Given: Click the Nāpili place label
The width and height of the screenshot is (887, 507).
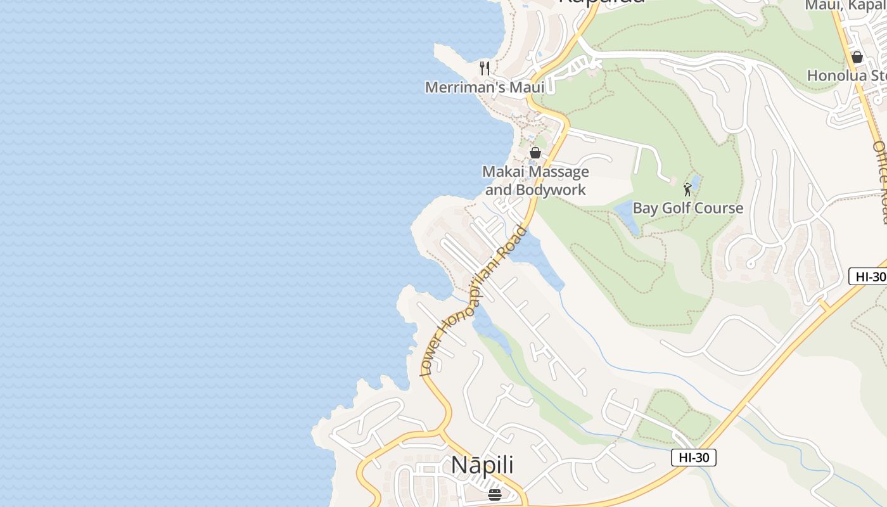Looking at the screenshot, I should click(482, 465).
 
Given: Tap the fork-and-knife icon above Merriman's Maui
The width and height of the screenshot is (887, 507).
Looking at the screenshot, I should click(485, 68).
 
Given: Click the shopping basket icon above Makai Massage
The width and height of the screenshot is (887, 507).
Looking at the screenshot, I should click(535, 153).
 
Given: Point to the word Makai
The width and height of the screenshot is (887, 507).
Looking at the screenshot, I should click(503, 172).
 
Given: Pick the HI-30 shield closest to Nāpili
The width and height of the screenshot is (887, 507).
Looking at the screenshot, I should click(693, 458).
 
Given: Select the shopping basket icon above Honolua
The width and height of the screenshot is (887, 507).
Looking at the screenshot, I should click(857, 57).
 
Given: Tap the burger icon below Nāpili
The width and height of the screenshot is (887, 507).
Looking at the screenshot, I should click(495, 494).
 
